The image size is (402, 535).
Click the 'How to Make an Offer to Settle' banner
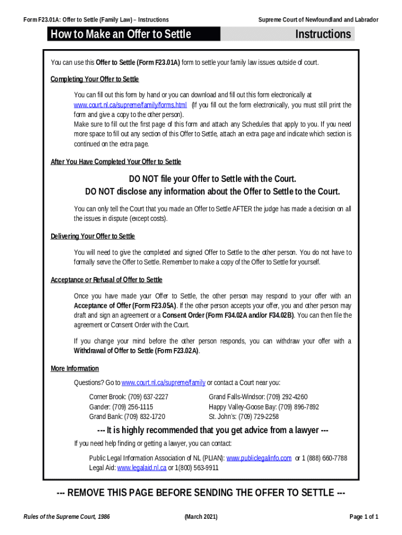[x=120, y=34]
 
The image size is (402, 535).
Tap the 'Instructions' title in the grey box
[x=323, y=34]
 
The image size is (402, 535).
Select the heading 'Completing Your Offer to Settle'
[x=94, y=79]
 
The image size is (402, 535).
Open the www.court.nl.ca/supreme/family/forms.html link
[x=130, y=104]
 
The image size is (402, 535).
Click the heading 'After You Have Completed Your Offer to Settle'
[x=116, y=161]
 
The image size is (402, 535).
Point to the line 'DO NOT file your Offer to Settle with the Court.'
[x=212, y=179]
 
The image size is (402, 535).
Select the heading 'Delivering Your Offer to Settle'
[x=92, y=236]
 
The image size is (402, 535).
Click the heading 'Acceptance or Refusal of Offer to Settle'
[x=107, y=280]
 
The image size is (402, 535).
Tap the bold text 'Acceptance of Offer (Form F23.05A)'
[x=125, y=305]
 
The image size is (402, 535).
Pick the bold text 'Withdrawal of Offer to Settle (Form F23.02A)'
[x=136, y=351]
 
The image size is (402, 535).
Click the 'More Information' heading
[x=75, y=368]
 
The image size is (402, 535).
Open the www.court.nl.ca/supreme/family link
[x=163, y=382]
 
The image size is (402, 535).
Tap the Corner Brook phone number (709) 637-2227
[x=148, y=397]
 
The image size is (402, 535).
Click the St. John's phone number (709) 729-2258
[x=258, y=416]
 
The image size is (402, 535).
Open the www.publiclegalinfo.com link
[x=258, y=458]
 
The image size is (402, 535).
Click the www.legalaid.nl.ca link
[x=141, y=468]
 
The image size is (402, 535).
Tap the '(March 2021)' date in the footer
[x=201, y=517]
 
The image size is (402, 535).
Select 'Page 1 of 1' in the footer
[x=363, y=517]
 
